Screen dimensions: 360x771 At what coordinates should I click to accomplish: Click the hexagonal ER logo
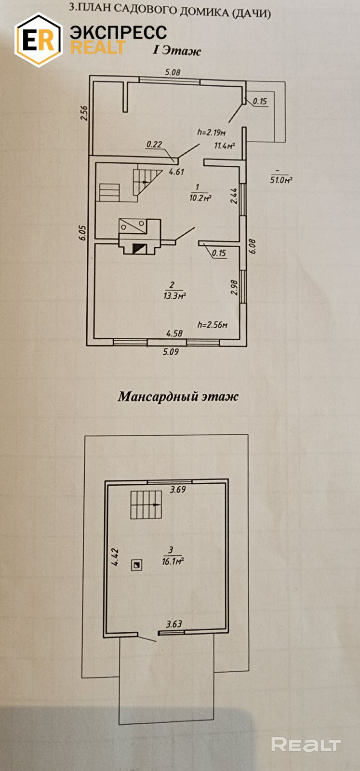[39, 40]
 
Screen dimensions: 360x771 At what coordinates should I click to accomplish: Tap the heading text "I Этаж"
[176, 51]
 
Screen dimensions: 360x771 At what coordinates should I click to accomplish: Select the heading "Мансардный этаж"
[178, 397]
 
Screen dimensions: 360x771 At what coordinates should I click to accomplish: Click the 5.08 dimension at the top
[173, 72]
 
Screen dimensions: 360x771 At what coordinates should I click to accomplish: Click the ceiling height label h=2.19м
[212, 132]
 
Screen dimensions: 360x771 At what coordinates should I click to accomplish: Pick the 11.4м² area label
[224, 146]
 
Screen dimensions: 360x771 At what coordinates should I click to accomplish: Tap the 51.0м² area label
[281, 180]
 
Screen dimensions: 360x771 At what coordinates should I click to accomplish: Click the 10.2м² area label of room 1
[201, 198]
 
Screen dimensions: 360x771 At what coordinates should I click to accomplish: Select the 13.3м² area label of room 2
[174, 296]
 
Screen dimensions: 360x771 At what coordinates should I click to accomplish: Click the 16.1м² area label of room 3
[173, 561]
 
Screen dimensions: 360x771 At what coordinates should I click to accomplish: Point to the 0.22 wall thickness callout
[154, 144]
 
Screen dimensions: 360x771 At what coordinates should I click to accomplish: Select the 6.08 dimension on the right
[253, 246]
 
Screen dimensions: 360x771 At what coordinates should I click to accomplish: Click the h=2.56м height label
[212, 325]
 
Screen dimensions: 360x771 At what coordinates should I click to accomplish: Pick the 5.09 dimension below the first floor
[171, 352]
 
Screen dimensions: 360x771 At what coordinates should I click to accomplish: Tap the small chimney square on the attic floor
[137, 565]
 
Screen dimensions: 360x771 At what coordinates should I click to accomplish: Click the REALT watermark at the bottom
[306, 744]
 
